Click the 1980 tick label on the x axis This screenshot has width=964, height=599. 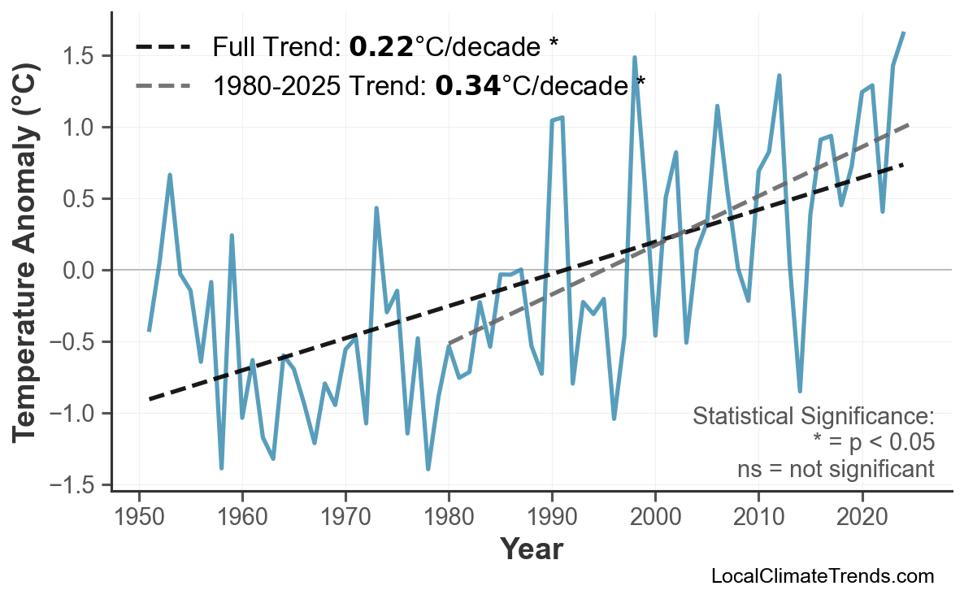click(x=449, y=518)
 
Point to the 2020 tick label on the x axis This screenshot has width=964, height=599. click(x=862, y=518)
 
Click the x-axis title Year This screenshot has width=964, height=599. click(x=531, y=549)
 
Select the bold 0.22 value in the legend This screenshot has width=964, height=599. click(x=380, y=47)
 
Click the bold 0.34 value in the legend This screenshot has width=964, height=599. click(x=467, y=85)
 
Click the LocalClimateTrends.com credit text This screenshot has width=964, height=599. click(x=822, y=576)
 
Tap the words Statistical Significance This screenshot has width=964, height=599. click(x=813, y=417)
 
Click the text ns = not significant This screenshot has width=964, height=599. click(x=835, y=469)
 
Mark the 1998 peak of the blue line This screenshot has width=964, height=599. click(x=634, y=58)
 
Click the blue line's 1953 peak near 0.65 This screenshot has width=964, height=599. click(x=170, y=175)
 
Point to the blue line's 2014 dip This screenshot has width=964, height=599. click(x=800, y=391)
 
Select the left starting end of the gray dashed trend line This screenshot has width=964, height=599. click(x=449, y=344)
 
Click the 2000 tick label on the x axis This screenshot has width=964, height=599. click(x=655, y=518)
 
